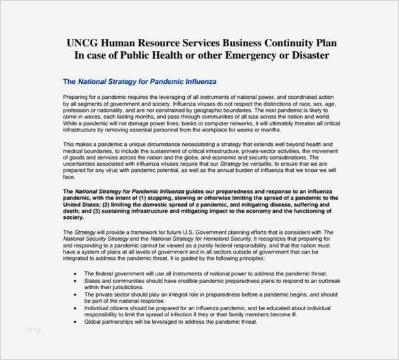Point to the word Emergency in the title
(233, 55)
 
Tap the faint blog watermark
(33, 329)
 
